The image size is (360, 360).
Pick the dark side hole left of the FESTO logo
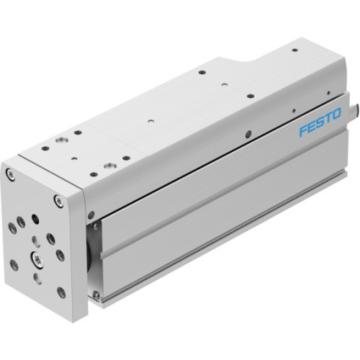[x=247, y=134]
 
